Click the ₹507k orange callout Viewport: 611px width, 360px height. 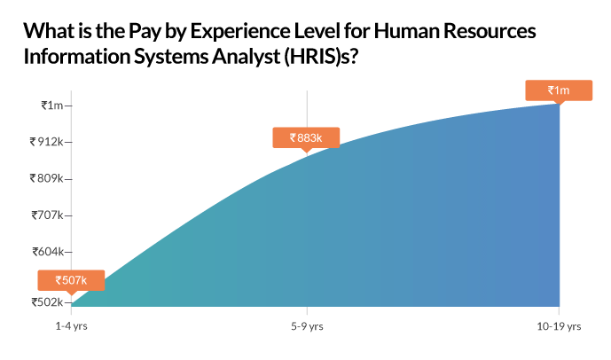point(71,280)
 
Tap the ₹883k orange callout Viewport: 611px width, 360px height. point(306,138)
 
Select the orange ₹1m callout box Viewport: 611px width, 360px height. point(559,90)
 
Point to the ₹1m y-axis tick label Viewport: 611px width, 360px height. point(52,106)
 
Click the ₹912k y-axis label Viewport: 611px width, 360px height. point(46,142)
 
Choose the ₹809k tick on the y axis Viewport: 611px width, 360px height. point(46,178)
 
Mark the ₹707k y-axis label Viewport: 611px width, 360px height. point(47,215)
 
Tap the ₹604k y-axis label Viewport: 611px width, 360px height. point(48,252)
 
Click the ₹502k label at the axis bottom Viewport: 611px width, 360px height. point(47,302)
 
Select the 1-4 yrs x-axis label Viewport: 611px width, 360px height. point(71,326)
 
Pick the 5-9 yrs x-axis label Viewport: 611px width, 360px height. point(307,326)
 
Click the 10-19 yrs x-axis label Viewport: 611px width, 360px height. point(559,326)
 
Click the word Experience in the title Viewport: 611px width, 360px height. point(240,31)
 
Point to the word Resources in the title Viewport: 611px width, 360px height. point(490,31)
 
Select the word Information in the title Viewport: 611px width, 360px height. point(77,57)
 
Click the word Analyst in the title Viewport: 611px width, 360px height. point(246,58)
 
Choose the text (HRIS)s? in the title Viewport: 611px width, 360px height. point(321,58)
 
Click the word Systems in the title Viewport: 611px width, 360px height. point(171,58)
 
